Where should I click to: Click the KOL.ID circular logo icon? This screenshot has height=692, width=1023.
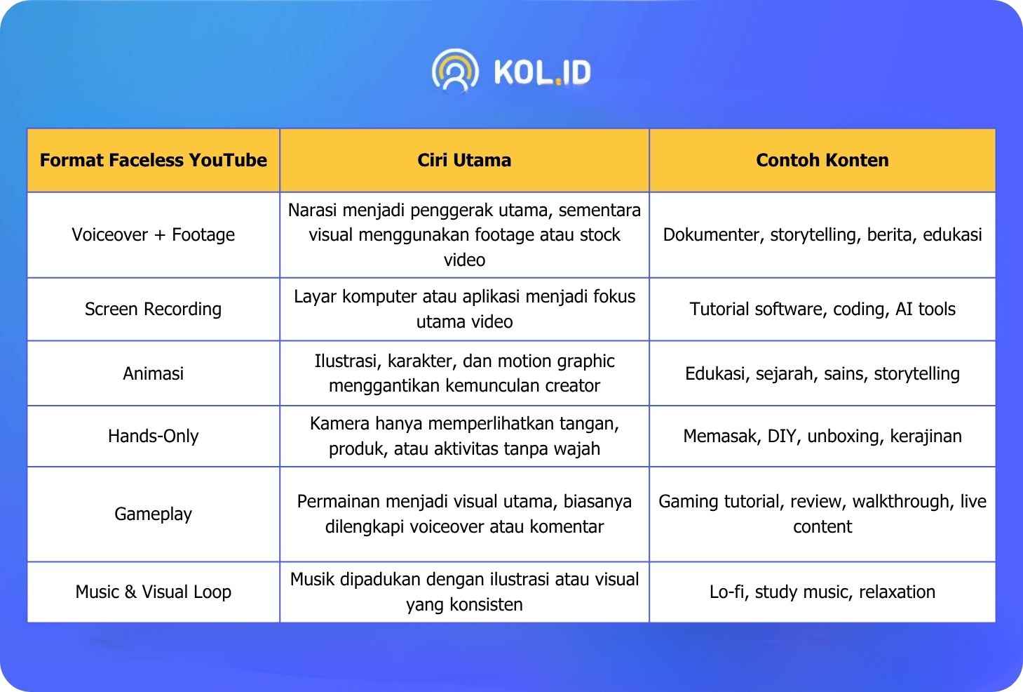click(x=455, y=71)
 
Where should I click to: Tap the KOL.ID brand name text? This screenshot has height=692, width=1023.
click(x=542, y=72)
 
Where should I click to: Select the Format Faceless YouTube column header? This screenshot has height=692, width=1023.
click(x=154, y=160)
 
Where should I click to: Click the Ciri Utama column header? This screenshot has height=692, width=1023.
click(x=464, y=160)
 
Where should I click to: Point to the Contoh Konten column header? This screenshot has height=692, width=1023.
click(x=822, y=160)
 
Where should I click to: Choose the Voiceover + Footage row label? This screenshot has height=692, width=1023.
click(x=154, y=234)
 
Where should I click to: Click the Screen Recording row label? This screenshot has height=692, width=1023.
click(x=154, y=309)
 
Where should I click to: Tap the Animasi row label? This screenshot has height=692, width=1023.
click(x=154, y=373)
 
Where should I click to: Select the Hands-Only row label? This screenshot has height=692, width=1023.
click(x=154, y=436)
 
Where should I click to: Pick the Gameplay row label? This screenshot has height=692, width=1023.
click(x=154, y=514)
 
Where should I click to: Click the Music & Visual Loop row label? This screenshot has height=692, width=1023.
click(x=154, y=592)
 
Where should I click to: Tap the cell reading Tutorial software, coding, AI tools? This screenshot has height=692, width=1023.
click(x=822, y=309)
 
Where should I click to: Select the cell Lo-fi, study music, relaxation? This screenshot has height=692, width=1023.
click(x=822, y=592)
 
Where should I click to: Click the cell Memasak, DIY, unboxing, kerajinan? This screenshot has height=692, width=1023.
click(x=822, y=436)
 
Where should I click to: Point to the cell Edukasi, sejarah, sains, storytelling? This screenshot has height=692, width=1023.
click(x=822, y=373)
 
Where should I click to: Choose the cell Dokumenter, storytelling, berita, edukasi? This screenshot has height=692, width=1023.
click(x=822, y=234)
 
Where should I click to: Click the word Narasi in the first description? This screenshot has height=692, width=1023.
click(x=313, y=211)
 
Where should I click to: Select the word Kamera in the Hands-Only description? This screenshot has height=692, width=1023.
click(x=339, y=424)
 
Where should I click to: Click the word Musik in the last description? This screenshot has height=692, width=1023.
click(x=313, y=579)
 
